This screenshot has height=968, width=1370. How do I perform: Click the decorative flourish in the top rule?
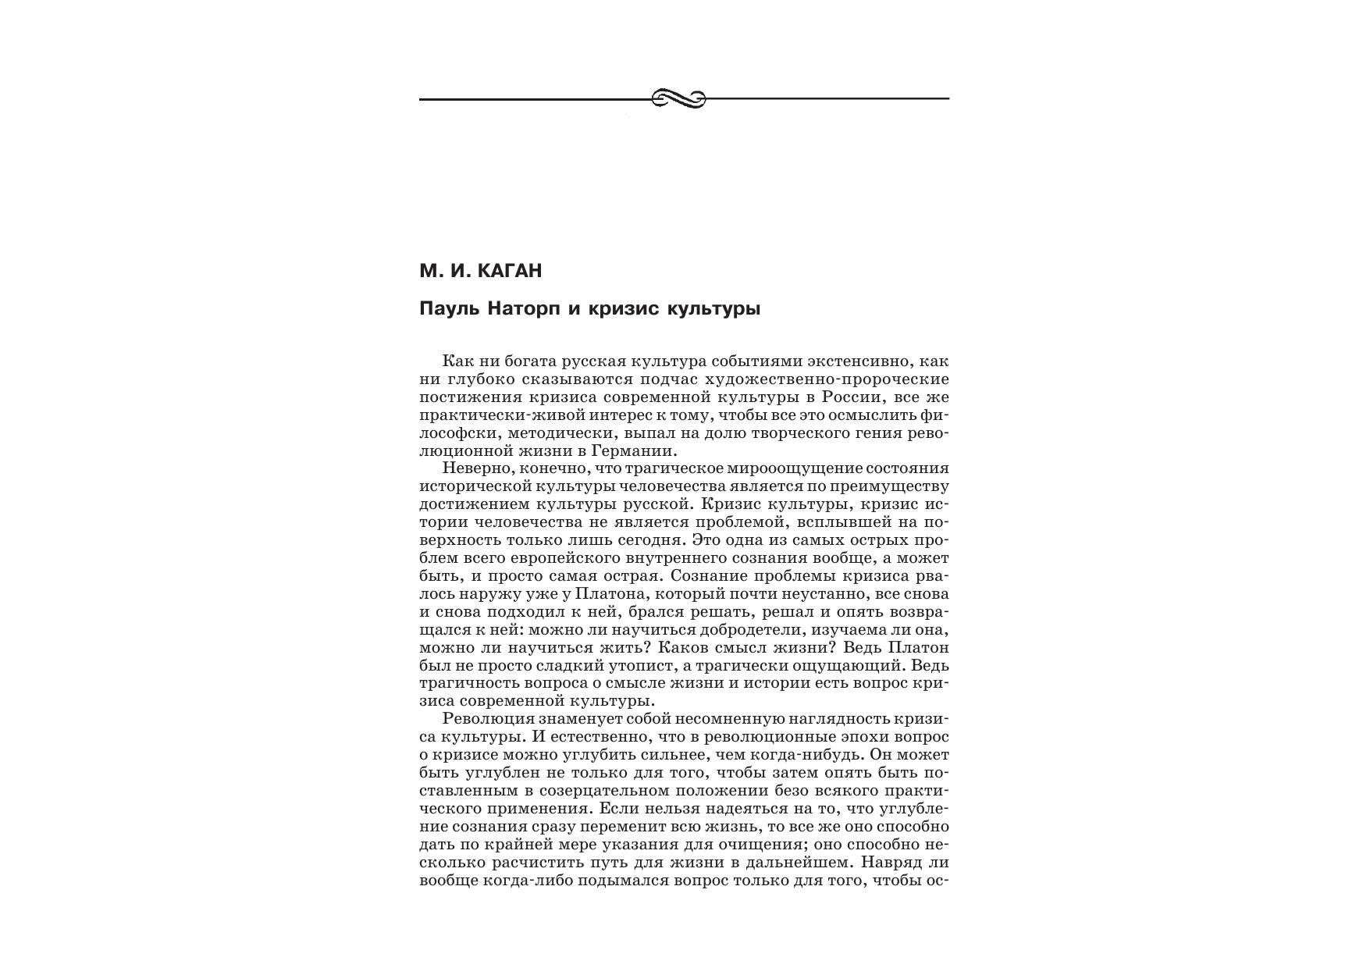point(678,98)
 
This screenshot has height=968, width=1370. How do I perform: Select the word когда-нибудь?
point(806,755)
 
